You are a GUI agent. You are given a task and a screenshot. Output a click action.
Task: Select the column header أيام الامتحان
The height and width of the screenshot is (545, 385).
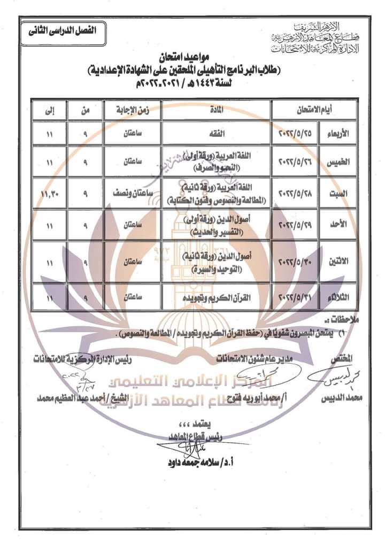[313, 110]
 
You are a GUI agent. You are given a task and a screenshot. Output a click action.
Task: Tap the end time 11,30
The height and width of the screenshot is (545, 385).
[49, 193]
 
